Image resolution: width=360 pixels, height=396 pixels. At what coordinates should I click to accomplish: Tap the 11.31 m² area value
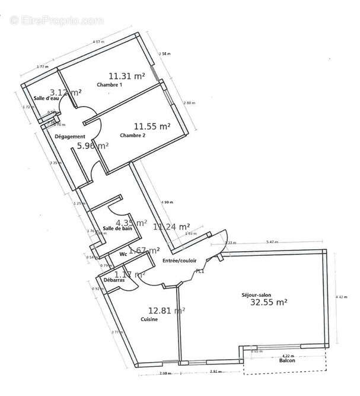(x=127, y=75)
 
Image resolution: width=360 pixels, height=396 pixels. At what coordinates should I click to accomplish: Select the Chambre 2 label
(x=133, y=135)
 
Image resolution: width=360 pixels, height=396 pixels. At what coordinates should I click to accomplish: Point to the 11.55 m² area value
(x=152, y=126)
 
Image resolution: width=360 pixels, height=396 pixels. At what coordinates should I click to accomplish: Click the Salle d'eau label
(x=45, y=98)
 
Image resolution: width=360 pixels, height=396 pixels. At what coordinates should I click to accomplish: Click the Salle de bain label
(x=117, y=228)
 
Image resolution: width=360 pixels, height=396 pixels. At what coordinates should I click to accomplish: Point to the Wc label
(x=123, y=254)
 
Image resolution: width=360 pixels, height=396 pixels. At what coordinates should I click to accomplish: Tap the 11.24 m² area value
(x=171, y=226)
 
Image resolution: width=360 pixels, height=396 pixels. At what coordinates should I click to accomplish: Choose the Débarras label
(x=114, y=280)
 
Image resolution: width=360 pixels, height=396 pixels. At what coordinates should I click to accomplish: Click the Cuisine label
(x=149, y=319)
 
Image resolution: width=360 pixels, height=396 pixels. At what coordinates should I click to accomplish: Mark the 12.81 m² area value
(x=166, y=310)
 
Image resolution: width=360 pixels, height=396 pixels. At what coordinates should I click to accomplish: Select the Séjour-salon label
(x=257, y=294)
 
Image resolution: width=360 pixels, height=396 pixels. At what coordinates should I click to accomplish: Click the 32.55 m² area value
(x=269, y=302)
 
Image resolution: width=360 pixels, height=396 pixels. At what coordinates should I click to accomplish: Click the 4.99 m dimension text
(x=167, y=202)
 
